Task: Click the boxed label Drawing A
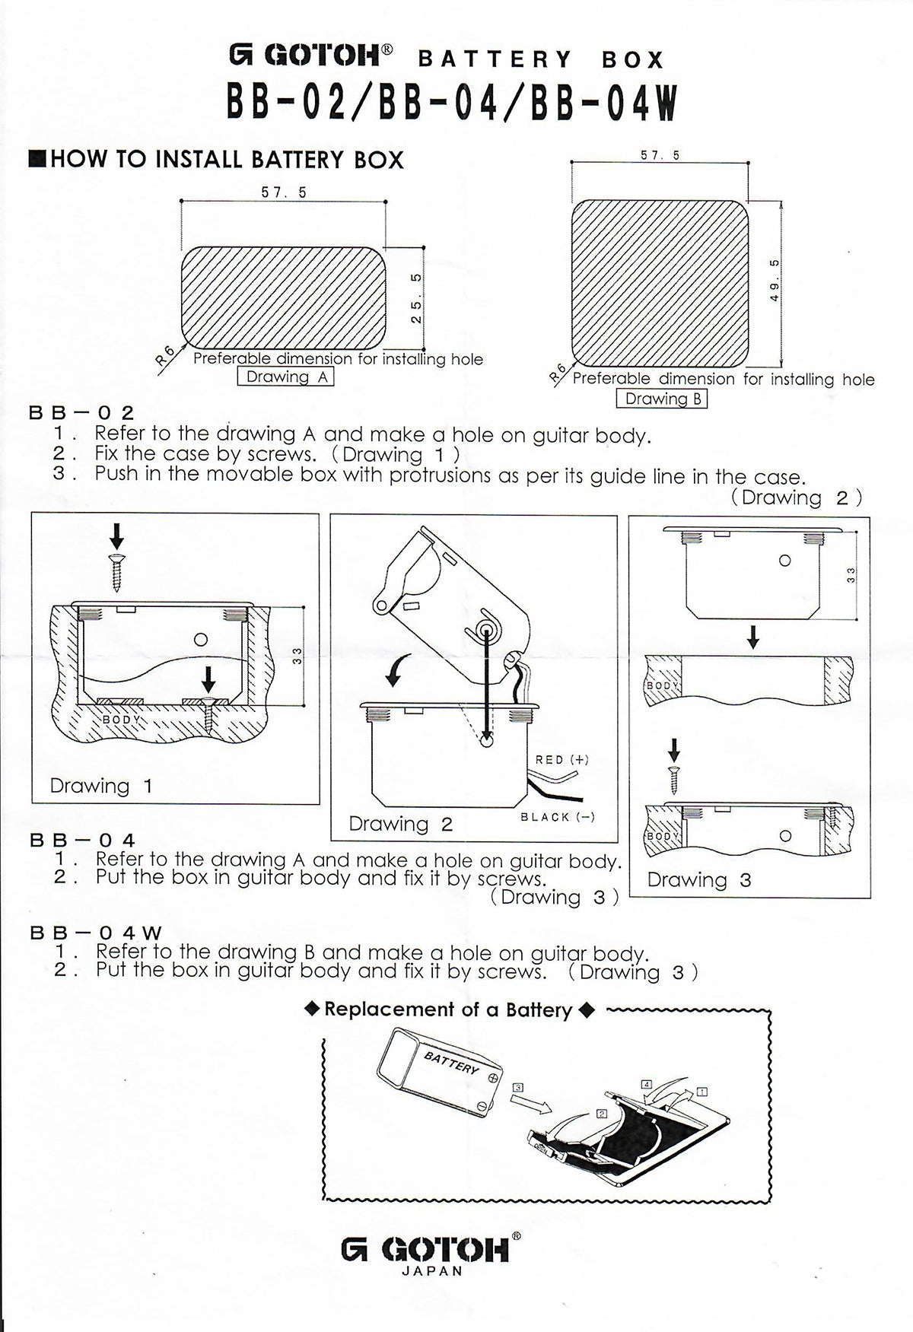click(x=286, y=377)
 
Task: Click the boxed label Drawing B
click(x=662, y=399)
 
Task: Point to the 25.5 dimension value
click(x=416, y=297)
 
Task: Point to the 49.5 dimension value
click(x=775, y=281)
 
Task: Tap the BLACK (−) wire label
click(x=558, y=817)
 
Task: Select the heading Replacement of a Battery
click(x=448, y=1010)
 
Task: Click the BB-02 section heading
click(x=81, y=413)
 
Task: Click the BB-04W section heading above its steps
click(x=96, y=933)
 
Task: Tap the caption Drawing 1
click(x=101, y=786)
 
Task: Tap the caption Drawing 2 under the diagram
click(x=400, y=824)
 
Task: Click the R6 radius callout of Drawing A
click(x=164, y=355)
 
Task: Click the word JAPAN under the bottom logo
click(x=431, y=1271)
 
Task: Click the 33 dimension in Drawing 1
click(x=297, y=656)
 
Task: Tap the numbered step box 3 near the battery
click(x=518, y=1087)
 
